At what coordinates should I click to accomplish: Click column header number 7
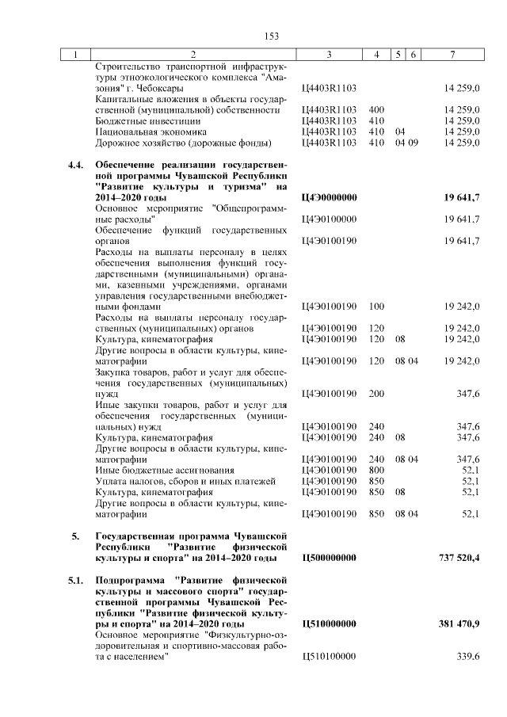[x=452, y=55]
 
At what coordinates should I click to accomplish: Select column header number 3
[x=328, y=55]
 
